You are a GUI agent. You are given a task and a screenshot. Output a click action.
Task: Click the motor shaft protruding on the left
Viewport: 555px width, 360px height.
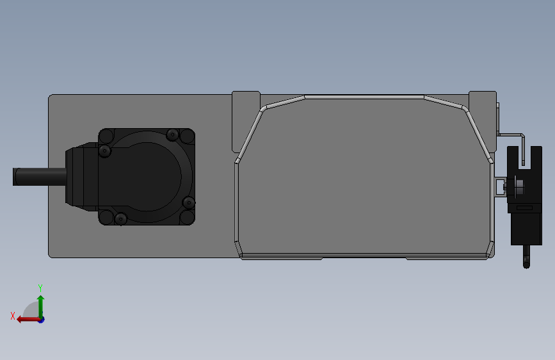click(x=40, y=176)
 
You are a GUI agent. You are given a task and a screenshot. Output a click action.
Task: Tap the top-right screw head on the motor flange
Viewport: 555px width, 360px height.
click(x=172, y=135)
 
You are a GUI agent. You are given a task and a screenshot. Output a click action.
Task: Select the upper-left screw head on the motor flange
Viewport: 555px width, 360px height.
click(x=104, y=151)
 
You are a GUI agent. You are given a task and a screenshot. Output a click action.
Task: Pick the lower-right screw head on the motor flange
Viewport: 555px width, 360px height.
click(x=189, y=203)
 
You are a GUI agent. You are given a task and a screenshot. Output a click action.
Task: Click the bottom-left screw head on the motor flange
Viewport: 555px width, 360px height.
click(x=121, y=219)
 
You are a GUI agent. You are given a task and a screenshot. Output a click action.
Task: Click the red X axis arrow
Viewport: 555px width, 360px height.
click(x=29, y=320)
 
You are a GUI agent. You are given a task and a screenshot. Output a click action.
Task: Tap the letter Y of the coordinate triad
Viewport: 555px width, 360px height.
click(x=40, y=288)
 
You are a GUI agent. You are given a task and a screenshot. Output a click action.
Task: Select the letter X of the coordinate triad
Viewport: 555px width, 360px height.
click(x=13, y=316)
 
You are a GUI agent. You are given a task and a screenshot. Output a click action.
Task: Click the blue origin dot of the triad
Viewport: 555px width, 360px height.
click(x=42, y=320)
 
